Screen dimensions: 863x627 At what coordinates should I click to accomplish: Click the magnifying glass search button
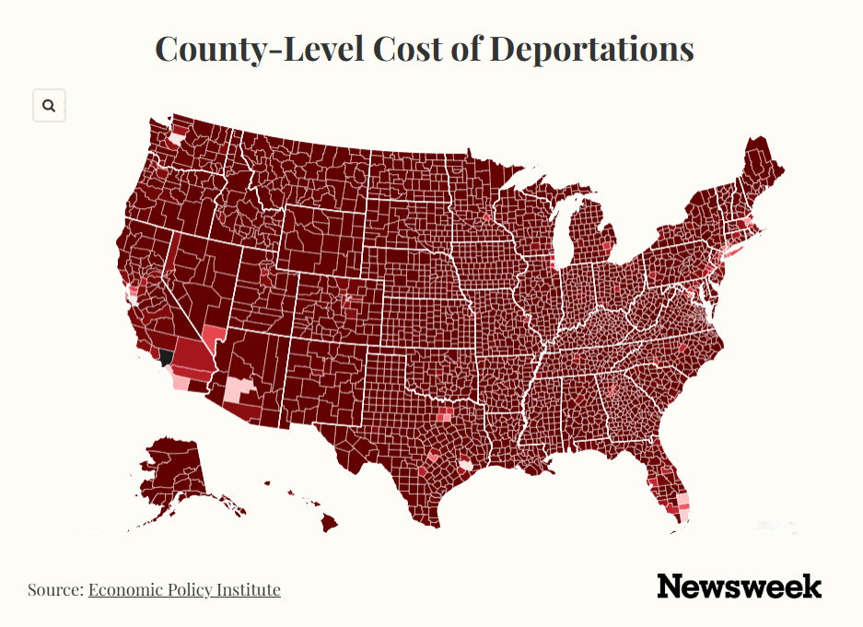point(49,105)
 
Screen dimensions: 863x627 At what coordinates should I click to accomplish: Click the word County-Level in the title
point(259,49)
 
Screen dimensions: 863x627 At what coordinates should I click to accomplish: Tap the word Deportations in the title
point(591,49)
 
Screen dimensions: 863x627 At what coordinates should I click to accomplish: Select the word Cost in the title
point(408,49)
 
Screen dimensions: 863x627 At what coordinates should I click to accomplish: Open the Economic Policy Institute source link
point(184,589)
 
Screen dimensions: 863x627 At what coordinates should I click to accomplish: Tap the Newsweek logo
point(740,586)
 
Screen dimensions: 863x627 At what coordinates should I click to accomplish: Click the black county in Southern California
point(166,357)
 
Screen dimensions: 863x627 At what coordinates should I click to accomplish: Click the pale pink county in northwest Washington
point(177,136)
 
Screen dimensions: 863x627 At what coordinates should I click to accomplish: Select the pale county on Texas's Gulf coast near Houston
point(466,465)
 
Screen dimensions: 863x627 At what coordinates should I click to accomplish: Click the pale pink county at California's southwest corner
point(180,382)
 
